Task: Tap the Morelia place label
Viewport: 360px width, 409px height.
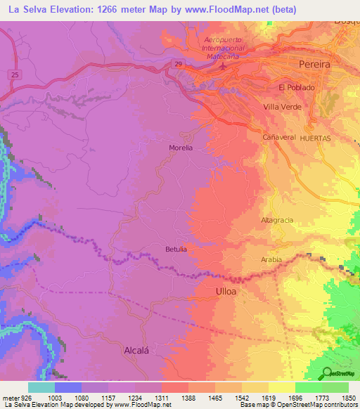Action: pos(181,148)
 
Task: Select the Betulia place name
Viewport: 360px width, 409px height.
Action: pos(176,249)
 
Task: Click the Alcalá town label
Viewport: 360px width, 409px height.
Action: pos(138,349)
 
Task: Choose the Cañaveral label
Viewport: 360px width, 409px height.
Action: pos(278,138)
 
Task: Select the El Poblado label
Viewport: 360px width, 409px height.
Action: pos(297,87)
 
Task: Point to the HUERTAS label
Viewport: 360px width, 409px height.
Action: pos(315,138)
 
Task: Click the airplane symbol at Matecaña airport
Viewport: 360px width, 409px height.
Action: pos(224,67)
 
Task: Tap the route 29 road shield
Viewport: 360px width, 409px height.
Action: pos(179,64)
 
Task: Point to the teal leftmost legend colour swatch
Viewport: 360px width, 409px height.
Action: pos(41,387)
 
